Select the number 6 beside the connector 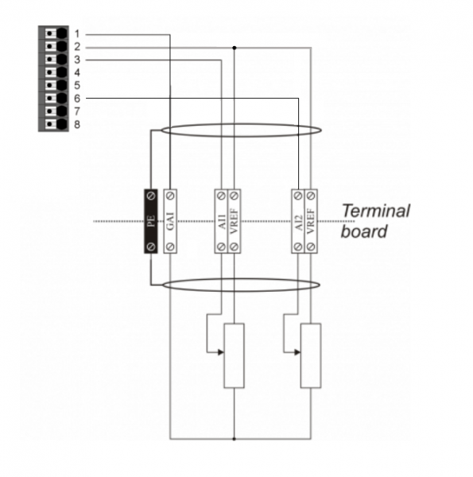(x=77, y=99)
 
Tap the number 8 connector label (x=77, y=125)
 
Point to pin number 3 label (x=77, y=60)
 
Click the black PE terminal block (x=151, y=221)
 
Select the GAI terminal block (x=170, y=221)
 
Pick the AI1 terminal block (x=221, y=221)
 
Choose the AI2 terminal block (x=298, y=221)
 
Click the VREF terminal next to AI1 (x=235, y=221)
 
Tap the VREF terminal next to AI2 (x=311, y=221)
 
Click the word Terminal (x=376, y=211)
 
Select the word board (x=364, y=231)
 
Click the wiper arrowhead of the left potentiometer (x=221, y=352)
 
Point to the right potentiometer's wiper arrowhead (x=298, y=352)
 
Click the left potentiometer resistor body (x=235, y=355)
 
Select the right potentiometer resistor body (x=311, y=355)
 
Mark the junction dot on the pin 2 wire (x=235, y=48)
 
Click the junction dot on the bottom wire (x=235, y=439)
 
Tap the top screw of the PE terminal (x=151, y=196)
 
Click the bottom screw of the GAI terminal (x=170, y=246)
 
